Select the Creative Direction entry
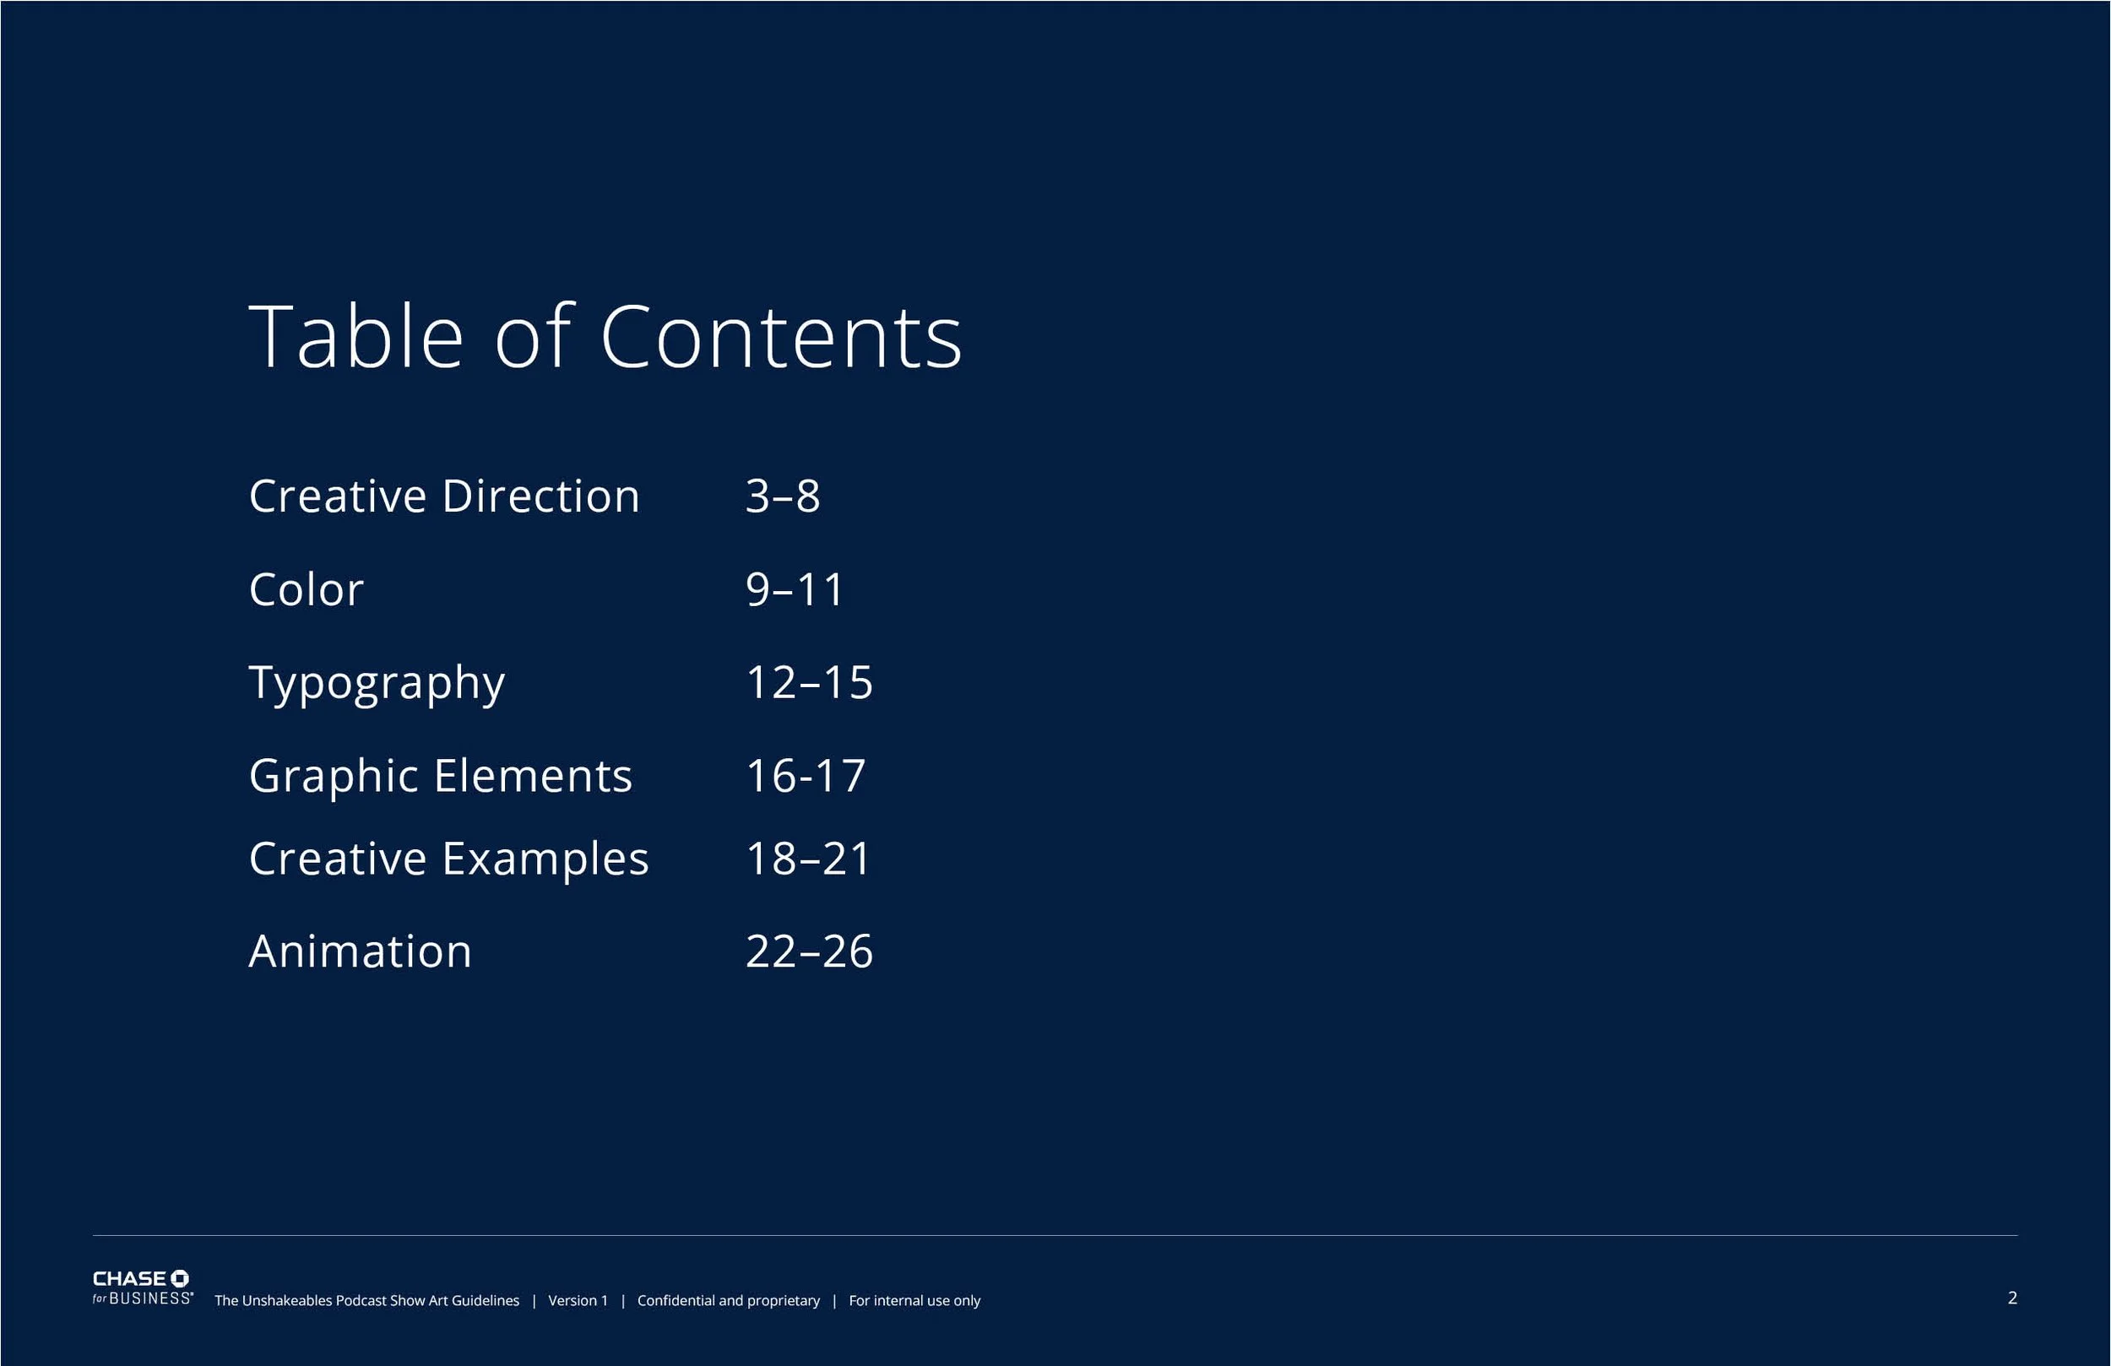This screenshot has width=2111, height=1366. pyautogui.click(x=443, y=496)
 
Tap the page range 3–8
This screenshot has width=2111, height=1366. pyautogui.click(x=782, y=496)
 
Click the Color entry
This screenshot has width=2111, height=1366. pyautogui.click(x=306, y=590)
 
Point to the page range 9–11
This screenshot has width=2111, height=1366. pyautogui.click(x=795, y=590)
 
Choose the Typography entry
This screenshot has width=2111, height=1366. pyautogui.click(x=377, y=683)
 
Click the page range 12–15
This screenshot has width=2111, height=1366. pyautogui.click(x=809, y=683)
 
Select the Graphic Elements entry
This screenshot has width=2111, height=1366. pyautogui.click(x=440, y=776)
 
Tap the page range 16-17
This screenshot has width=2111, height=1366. pyautogui.click(x=806, y=776)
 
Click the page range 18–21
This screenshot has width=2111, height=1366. pyautogui.click(x=808, y=859)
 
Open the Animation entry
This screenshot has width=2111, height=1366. pyautogui.click(x=360, y=951)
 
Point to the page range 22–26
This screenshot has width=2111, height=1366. pyautogui.click(x=809, y=951)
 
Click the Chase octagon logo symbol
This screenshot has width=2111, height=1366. pyautogui.click(x=179, y=1278)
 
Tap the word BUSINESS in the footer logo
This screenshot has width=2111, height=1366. pyautogui.click(x=150, y=1298)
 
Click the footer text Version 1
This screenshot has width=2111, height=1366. pyautogui.click(x=578, y=1300)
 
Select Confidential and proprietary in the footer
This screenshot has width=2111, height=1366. pyautogui.click(x=728, y=1300)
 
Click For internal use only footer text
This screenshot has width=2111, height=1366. pyautogui.click(x=914, y=1300)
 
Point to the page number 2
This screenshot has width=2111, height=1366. pyautogui.click(x=2012, y=1298)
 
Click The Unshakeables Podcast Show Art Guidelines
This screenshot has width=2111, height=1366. pyautogui.click(x=366, y=1300)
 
